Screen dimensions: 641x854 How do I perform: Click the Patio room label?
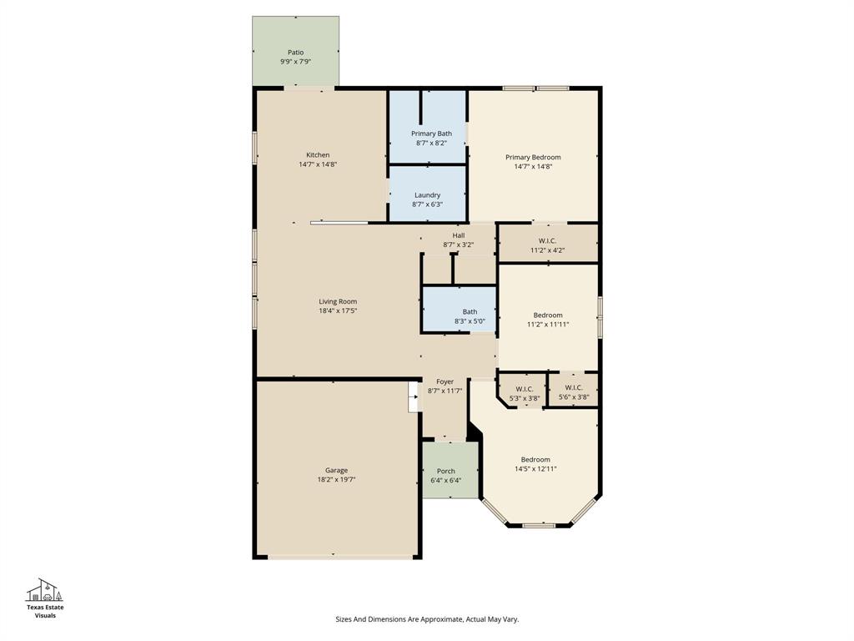pos(295,53)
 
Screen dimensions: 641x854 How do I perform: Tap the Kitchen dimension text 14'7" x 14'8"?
pos(318,164)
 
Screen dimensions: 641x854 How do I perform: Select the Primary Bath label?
pos(431,134)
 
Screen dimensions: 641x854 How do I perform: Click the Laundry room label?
pos(427,195)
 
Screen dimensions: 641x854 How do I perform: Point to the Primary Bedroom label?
pos(533,157)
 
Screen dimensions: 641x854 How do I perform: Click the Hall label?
pos(458,235)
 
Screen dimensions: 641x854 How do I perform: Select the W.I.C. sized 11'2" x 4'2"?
pos(547,245)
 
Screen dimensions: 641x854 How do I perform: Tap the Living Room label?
pos(337,301)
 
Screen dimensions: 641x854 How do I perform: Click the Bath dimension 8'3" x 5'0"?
pos(470,320)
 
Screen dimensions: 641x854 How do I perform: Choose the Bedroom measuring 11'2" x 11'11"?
pos(547,320)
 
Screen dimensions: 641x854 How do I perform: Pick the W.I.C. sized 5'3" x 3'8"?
pos(524,393)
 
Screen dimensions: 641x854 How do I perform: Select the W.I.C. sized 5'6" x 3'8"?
pos(574,392)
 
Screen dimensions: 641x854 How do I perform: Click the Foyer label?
pos(445,381)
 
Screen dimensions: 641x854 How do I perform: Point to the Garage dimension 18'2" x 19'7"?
pos(336,479)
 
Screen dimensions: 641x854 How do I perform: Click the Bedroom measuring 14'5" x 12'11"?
pos(535,464)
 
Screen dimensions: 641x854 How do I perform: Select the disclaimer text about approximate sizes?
pos(426,619)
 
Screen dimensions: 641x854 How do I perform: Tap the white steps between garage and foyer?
pos(413,397)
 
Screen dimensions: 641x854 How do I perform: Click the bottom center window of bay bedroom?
pos(539,525)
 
